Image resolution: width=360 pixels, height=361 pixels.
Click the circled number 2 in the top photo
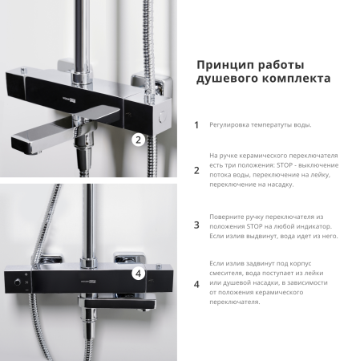137,140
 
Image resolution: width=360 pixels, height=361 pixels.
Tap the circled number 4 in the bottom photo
138,273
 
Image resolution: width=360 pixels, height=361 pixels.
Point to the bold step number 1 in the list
196,125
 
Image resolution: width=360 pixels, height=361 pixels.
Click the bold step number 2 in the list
196,170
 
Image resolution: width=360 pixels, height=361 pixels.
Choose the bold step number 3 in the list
196,225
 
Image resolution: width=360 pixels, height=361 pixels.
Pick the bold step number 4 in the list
196,284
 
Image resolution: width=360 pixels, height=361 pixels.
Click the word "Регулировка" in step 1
231,125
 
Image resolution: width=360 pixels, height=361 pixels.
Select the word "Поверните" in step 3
229,217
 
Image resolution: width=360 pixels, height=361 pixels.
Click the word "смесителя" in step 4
229,273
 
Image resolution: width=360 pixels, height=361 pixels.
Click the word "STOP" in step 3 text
248,226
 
